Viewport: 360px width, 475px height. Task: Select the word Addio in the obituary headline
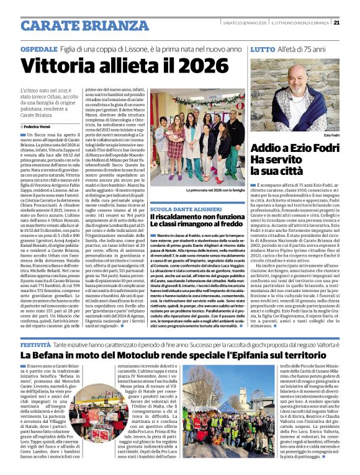(268, 148)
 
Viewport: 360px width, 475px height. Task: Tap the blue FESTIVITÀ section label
(35, 343)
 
